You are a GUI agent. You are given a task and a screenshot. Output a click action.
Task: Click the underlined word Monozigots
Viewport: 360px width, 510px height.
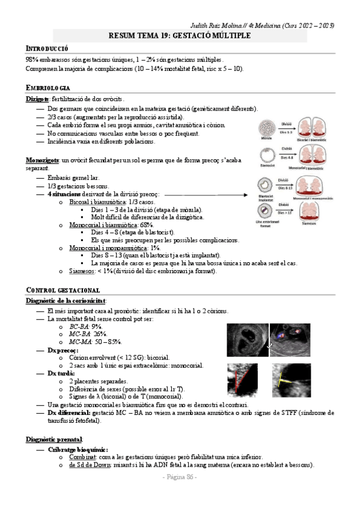[42, 160]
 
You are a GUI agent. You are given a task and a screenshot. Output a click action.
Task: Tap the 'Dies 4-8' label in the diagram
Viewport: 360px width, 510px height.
[287, 158]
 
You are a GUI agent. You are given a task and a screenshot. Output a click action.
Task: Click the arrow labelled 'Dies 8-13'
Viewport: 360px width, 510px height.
[287, 184]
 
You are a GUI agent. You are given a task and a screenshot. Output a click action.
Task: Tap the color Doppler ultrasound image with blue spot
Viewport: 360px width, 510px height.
[290, 340]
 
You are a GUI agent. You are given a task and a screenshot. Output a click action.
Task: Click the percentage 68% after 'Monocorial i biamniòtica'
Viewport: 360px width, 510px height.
[146, 224]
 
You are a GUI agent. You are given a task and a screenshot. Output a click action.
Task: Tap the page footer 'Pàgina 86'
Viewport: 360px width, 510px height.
[180, 476]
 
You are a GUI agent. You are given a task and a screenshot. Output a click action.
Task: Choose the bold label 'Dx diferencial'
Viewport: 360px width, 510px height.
[71, 413]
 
